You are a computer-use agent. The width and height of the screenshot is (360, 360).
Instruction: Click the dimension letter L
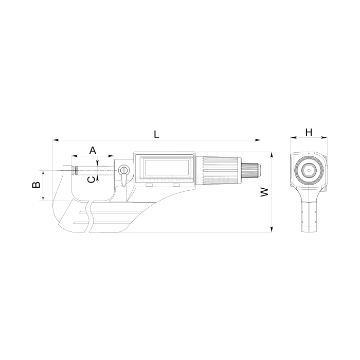[x=156, y=134]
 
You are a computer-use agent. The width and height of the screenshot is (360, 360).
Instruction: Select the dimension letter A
[x=93, y=150]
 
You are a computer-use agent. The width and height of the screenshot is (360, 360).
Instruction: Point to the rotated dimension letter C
[x=92, y=179]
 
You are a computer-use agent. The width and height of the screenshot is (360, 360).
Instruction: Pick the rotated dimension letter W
[x=264, y=192]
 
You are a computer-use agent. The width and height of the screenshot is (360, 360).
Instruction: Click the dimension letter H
[x=309, y=132]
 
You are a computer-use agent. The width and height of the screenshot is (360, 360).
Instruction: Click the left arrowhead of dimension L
[x=56, y=140]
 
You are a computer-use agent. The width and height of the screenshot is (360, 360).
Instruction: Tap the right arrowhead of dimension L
[x=258, y=140]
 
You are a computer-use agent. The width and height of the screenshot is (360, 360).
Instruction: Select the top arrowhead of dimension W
[x=272, y=155]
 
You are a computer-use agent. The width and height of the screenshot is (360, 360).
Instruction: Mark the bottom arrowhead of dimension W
[x=272, y=229]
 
